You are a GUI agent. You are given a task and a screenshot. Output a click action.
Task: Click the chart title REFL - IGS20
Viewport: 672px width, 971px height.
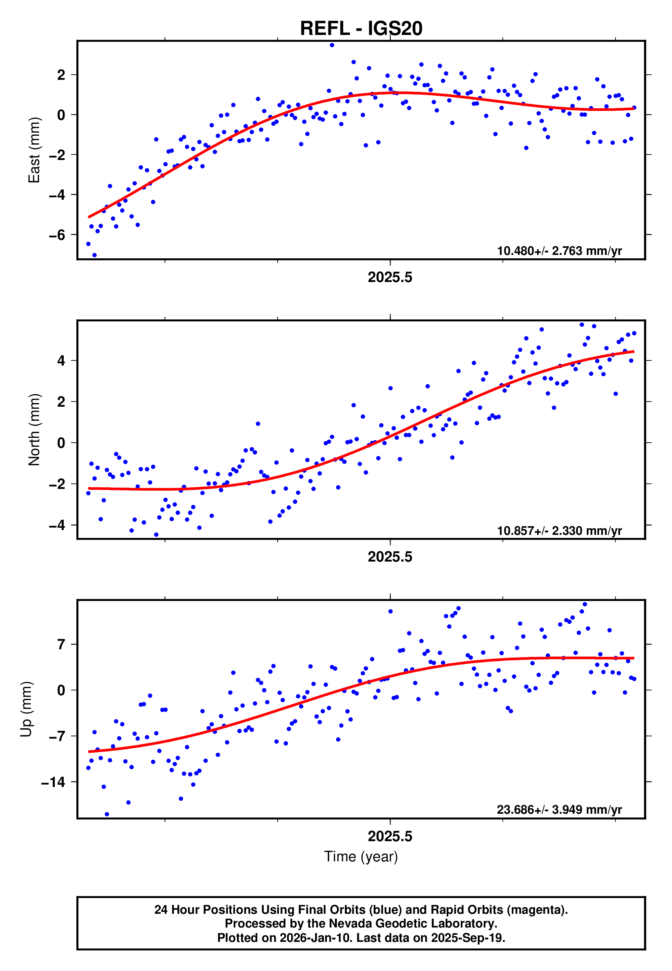coord(361,29)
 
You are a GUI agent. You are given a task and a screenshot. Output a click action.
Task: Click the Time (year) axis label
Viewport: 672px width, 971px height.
coord(361,857)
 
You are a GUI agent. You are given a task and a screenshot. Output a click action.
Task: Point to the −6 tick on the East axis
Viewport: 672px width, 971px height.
coord(57,235)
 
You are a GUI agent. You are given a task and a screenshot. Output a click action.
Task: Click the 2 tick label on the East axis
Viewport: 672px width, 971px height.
coord(61,75)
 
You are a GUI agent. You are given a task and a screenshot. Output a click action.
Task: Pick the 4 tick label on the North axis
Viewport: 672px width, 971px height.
coord(61,361)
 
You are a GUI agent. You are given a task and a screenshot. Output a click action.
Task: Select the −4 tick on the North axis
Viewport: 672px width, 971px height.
coord(57,525)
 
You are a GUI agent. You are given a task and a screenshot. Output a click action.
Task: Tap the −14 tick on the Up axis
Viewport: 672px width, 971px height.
coord(53,782)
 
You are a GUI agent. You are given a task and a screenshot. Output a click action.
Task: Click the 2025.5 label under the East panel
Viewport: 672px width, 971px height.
coord(390,277)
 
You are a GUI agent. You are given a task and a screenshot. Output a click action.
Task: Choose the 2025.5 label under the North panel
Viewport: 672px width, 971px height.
coord(390,557)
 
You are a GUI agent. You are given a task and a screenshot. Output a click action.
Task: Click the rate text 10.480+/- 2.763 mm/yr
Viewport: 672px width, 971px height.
coord(559,251)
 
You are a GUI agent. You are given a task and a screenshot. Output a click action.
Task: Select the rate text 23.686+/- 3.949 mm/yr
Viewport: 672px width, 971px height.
coord(559,810)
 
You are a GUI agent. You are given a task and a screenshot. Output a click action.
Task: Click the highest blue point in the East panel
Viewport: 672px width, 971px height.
coord(332,45)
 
